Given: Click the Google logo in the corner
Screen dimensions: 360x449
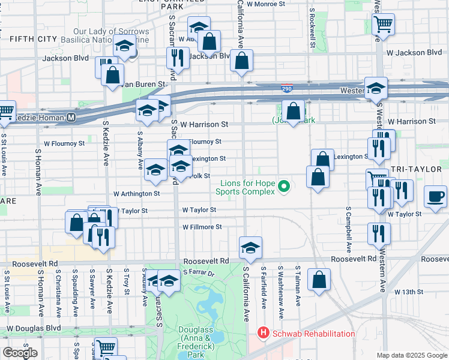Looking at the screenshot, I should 20,352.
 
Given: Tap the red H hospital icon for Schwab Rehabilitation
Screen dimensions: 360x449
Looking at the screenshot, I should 262,332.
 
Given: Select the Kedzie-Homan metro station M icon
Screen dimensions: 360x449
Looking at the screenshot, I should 71,117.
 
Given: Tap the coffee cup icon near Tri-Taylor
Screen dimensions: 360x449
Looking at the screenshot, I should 435,196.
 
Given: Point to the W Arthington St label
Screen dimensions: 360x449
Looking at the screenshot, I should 137,194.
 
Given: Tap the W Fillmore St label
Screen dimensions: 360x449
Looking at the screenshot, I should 202,227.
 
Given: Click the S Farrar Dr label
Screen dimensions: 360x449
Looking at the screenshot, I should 199,272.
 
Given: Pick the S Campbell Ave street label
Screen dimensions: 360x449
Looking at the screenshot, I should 348,230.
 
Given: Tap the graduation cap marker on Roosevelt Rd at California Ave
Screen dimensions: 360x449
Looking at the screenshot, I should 250,246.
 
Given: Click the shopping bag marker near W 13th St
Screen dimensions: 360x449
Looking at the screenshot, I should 319,278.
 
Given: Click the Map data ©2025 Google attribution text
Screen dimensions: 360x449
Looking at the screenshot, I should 411,355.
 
